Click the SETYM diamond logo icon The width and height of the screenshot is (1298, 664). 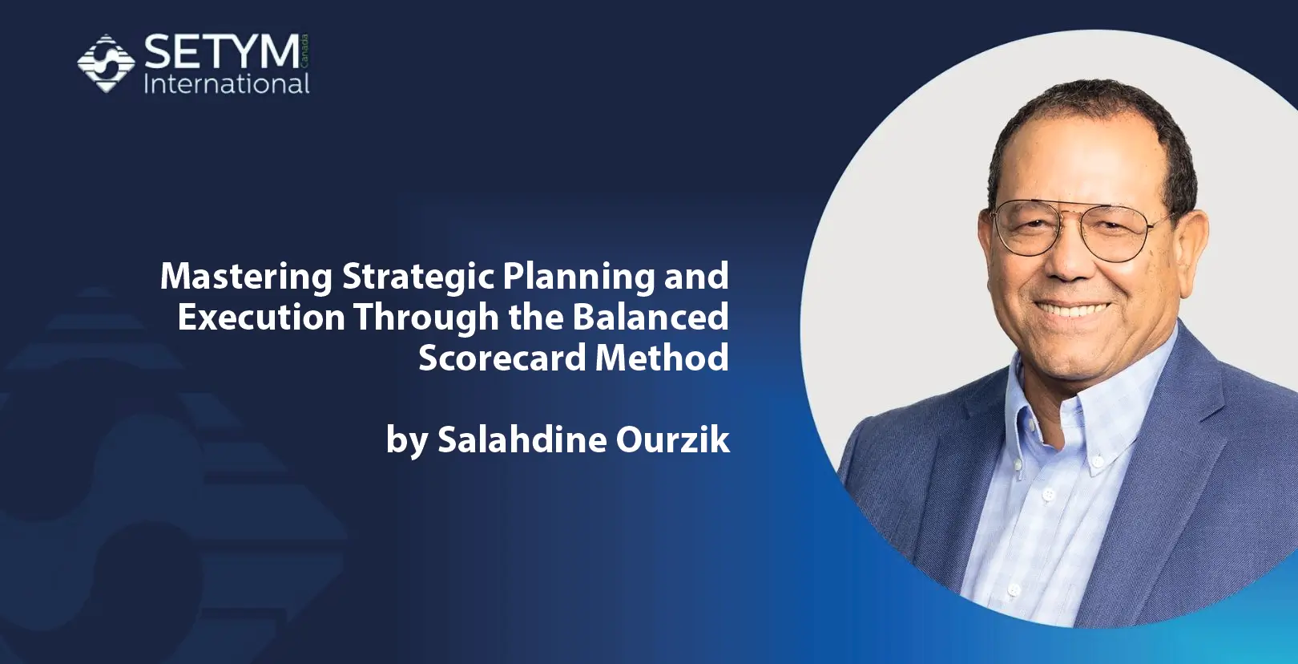click(x=105, y=63)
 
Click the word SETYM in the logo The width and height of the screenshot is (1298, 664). click(x=222, y=53)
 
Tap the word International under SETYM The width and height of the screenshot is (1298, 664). click(x=226, y=84)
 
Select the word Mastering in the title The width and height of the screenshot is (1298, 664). click(x=246, y=277)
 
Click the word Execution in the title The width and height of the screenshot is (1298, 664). click(x=261, y=317)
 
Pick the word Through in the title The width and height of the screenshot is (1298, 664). click(x=426, y=317)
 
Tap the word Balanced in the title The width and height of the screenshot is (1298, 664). click(x=650, y=317)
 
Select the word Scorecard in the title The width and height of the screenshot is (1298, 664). click(x=502, y=358)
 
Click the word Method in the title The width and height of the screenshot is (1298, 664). click(x=662, y=358)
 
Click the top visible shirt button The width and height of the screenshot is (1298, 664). click(x=1095, y=460)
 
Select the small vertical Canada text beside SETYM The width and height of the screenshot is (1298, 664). click(x=305, y=50)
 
